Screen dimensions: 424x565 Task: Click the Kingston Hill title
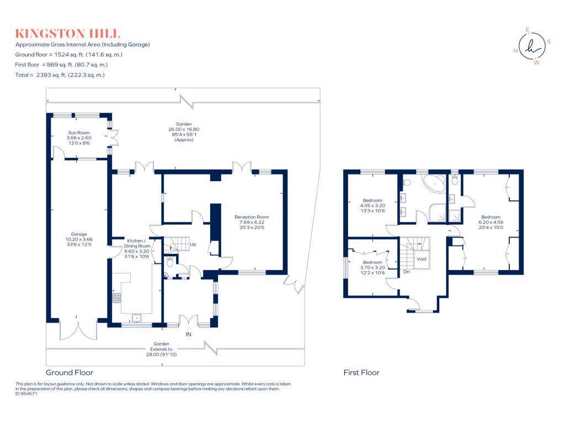pos(67,34)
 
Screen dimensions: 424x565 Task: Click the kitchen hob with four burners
pos(117,298)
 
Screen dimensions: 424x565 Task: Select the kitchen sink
pos(136,318)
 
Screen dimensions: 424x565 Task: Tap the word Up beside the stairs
pos(193,244)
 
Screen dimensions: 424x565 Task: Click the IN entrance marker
pos(189,334)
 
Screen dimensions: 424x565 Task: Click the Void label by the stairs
pos(422,258)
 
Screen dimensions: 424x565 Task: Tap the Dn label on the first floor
pos(406,272)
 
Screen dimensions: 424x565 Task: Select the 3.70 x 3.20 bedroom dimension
pos(372,268)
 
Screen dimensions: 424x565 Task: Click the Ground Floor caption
pos(69,373)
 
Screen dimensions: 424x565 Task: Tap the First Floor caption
pos(361,373)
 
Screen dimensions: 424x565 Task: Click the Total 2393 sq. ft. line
pos(60,75)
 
